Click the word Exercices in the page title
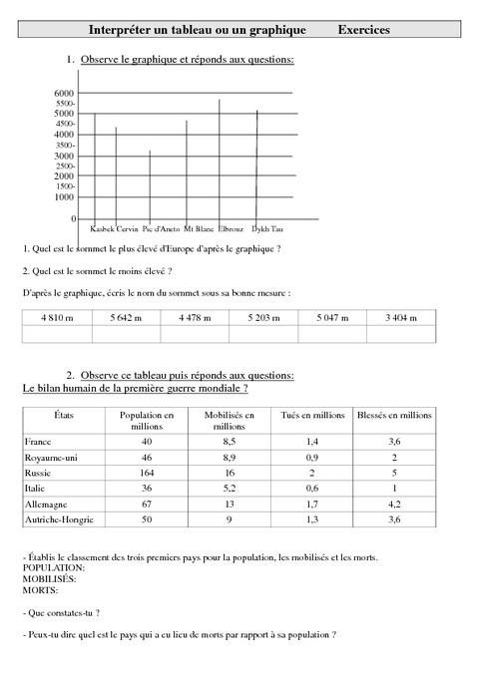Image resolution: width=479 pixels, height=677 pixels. tap(363, 30)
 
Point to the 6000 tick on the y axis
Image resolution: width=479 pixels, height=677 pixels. tap(65, 93)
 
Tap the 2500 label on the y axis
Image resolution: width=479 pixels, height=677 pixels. tap(66, 166)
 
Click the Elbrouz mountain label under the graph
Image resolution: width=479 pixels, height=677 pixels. tap(231, 228)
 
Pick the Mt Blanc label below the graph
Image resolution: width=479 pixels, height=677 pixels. tap(200, 228)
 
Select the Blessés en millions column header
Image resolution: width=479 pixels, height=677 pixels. tap(394, 413)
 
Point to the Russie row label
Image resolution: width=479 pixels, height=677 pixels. tap(39, 473)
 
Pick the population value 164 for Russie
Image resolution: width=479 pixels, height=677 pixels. tap(147, 473)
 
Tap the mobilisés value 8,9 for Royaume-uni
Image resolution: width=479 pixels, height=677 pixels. tap(228, 457)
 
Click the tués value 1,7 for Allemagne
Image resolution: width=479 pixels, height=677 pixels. tap(311, 505)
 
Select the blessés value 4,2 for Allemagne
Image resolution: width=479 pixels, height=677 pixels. tap(394, 505)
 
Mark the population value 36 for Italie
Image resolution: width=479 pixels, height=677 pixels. tap(147, 489)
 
